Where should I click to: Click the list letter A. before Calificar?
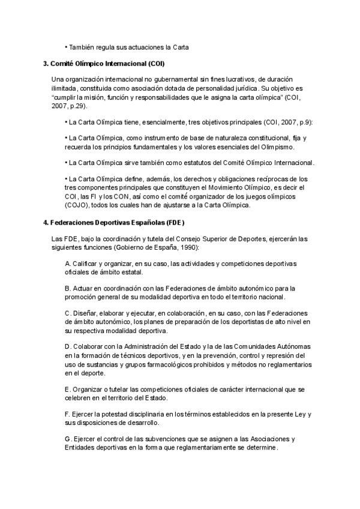pos(68,264)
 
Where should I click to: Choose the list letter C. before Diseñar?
pos(68,314)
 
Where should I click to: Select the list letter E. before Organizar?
pos(68,390)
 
